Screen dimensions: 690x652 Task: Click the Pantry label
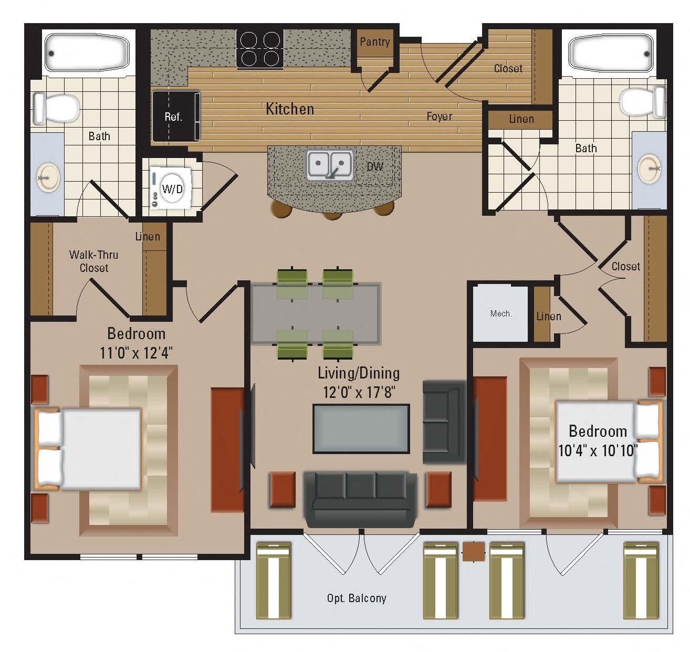[x=374, y=42]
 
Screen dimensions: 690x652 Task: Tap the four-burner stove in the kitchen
[x=260, y=49]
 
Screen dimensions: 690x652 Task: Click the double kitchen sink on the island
[x=330, y=165]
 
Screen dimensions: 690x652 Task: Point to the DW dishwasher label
[x=375, y=166]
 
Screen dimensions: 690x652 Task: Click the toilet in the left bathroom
[x=56, y=108]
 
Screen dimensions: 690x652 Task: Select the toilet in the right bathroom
[x=642, y=102]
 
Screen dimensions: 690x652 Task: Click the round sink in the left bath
[x=48, y=177]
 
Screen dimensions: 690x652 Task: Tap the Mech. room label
[x=500, y=313]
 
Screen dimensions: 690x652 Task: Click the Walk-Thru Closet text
[x=93, y=261]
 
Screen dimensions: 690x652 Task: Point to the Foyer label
[x=439, y=116]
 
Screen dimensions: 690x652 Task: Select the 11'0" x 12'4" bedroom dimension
[x=136, y=353]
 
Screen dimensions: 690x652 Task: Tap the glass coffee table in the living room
[x=361, y=429]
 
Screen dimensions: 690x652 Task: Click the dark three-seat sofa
[x=360, y=499]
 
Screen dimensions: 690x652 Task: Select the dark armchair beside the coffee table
[x=444, y=421]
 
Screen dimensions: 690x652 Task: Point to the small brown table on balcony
[x=474, y=551]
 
